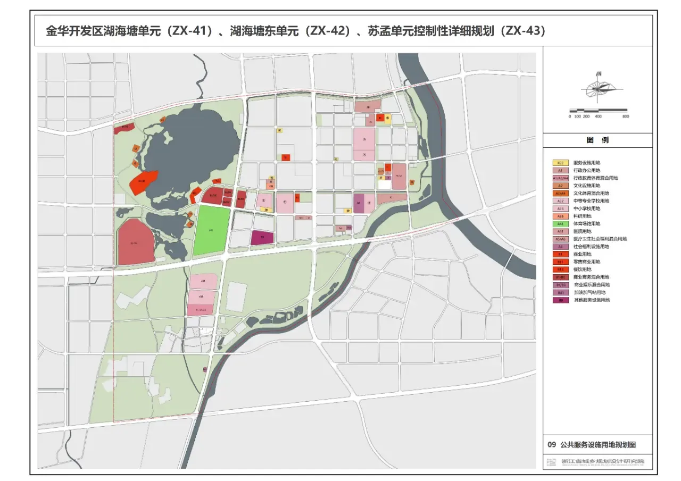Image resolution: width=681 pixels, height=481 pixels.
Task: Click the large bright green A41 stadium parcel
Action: tap(211, 230)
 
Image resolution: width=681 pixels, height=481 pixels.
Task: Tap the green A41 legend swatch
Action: tap(560, 224)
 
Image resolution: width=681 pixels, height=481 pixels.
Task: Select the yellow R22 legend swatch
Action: tap(560, 163)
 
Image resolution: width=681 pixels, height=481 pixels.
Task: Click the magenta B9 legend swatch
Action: tap(560, 300)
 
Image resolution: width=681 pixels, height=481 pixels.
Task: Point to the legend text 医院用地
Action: tap(583, 231)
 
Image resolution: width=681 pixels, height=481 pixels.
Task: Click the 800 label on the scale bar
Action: tap(626, 116)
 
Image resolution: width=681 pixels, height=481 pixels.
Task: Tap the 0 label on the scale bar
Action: tap(570, 116)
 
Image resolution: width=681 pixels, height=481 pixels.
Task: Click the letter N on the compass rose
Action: tap(599, 73)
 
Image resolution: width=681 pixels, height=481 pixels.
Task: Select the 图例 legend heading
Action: tap(597, 140)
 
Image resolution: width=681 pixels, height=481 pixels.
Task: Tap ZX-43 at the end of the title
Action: tap(525, 31)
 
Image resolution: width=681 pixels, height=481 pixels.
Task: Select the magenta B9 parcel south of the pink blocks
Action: tap(262, 238)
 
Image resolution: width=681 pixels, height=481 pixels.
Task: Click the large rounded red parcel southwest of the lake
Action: tap(136, 242)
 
